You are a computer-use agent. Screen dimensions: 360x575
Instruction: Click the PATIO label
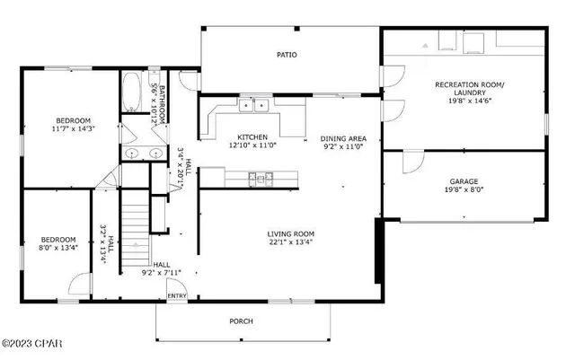286,55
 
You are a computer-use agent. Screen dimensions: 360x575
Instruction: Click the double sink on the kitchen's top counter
255,107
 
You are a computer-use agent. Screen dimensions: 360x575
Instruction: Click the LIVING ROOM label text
290,233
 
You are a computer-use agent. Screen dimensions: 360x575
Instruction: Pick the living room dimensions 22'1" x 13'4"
290,241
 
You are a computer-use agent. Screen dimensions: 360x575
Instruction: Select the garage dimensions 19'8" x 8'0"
464,190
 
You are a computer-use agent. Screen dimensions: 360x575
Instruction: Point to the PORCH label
241,320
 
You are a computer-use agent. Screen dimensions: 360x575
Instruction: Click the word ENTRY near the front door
177,295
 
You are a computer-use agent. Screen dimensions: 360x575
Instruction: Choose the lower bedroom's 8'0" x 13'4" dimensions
59,247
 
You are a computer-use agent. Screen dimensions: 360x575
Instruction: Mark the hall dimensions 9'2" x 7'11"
162,273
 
